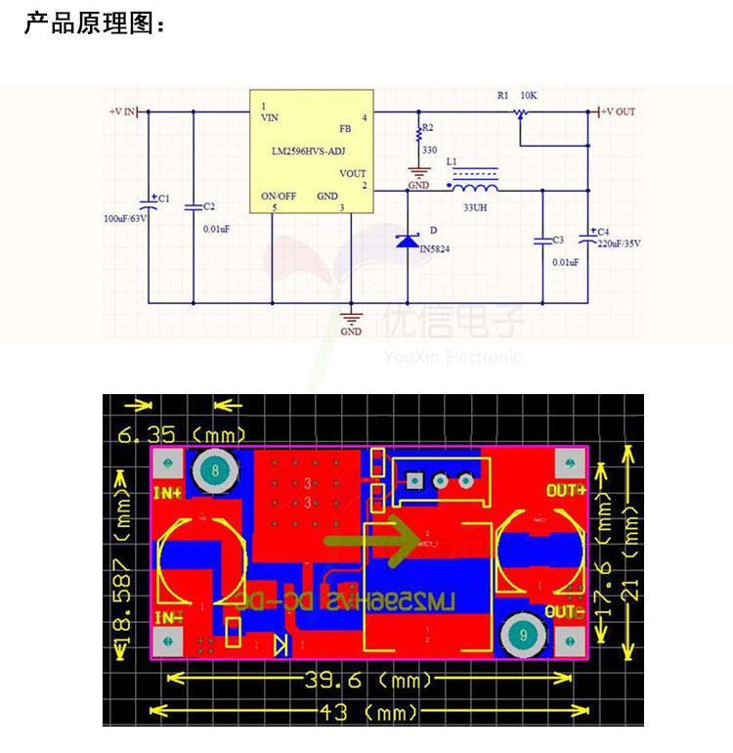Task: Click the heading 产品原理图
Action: click(94, 23)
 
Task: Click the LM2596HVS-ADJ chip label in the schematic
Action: click(308, 152)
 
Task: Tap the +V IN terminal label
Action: click(124, 112)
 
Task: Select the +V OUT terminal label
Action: click(617, 112)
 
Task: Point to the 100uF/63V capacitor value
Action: click(125, 218)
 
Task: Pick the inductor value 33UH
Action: click(476, 208)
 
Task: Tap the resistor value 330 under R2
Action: click(429, 150)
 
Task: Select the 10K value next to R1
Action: click(529, 96)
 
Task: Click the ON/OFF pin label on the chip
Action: click(279, 196)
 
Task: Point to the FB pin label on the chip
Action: click(345, 128)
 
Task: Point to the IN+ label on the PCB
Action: click(167, 494)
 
